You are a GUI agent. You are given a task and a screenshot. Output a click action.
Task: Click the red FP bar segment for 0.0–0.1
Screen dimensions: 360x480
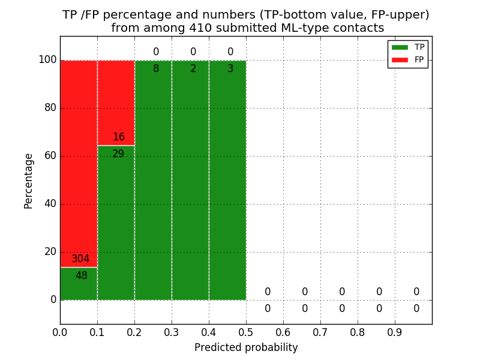tap(79, 156)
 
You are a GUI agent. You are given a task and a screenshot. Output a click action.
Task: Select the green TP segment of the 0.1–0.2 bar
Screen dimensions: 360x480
tap(116, 228)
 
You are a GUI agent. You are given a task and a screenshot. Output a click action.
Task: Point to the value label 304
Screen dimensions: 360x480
tap(80, 259)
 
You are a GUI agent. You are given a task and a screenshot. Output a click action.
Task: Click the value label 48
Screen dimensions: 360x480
tap(82, 276)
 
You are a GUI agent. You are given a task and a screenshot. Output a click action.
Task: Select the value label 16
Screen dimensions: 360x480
tap(119, 137)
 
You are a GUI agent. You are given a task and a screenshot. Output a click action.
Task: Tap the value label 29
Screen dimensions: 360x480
tap(118, 154)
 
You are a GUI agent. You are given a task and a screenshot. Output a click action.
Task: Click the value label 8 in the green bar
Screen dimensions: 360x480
tap(156, 69)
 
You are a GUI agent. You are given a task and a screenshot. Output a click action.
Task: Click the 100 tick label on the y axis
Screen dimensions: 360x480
tap(47, 60)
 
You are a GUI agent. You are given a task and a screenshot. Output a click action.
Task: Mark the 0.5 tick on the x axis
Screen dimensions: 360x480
tap(246, 331)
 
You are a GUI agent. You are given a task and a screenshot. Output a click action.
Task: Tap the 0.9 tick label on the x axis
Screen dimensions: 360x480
tap(395, 331)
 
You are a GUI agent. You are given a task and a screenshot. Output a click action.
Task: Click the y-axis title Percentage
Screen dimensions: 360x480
tap(29, 181)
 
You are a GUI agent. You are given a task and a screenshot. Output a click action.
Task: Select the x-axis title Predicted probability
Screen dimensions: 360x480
tap(246, 348)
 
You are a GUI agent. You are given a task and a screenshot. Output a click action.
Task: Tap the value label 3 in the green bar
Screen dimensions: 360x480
tap(230, 69)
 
